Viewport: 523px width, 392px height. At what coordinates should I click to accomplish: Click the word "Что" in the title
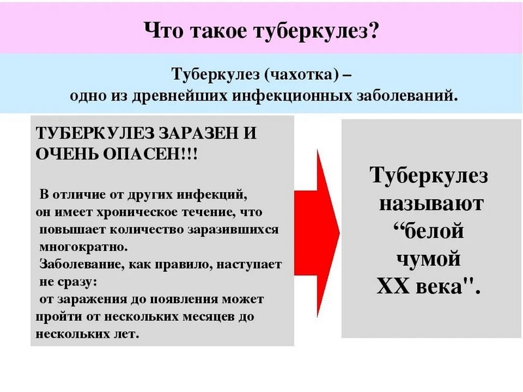(x=164, y=31)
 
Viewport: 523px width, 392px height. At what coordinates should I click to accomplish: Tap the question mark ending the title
(x=373, y=31)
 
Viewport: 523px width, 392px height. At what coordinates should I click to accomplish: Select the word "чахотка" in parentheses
(x=302, y=74)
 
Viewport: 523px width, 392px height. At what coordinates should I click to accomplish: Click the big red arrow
(x=316, y=233)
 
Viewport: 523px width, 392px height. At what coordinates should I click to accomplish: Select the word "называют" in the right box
(x=431, y=203)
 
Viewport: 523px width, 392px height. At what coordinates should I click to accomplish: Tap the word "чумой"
(x=429, y=258)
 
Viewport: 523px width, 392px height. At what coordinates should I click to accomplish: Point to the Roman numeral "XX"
(x=394, y=286)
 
